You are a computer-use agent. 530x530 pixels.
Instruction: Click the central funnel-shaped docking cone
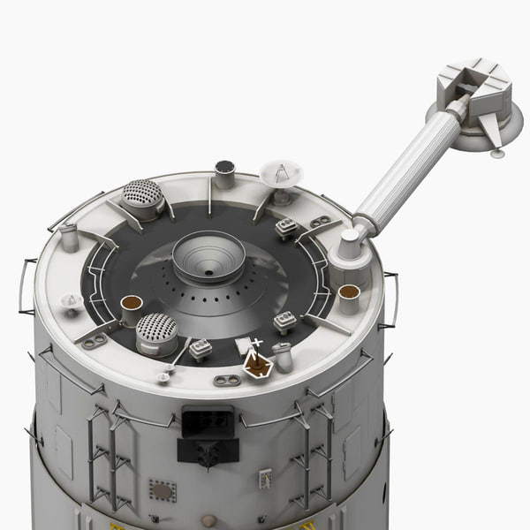coord(208,257)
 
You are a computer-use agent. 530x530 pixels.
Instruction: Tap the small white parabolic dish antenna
coord(282,174)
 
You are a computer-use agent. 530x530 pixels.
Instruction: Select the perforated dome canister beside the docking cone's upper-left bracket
coord(143,197)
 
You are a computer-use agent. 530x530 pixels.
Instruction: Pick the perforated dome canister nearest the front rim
coord(157,332)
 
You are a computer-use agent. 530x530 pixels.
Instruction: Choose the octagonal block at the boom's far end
coord(473,87)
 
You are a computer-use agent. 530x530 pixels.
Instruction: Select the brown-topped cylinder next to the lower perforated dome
coord(132,308)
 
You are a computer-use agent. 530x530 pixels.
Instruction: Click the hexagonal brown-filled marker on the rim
coord(257,367)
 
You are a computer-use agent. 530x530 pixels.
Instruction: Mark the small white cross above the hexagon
coord(257,342)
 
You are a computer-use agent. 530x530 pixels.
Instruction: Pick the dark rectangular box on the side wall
coord(208,421)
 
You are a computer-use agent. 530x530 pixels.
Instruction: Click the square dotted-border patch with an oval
coord(162,490)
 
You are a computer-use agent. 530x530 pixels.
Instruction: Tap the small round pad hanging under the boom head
coord(497,154)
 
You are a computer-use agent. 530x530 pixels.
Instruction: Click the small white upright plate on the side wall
coord(264,478)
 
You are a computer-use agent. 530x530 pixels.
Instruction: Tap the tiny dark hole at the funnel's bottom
coord(208,273)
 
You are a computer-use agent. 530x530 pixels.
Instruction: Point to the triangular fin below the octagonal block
coord(492,132)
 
